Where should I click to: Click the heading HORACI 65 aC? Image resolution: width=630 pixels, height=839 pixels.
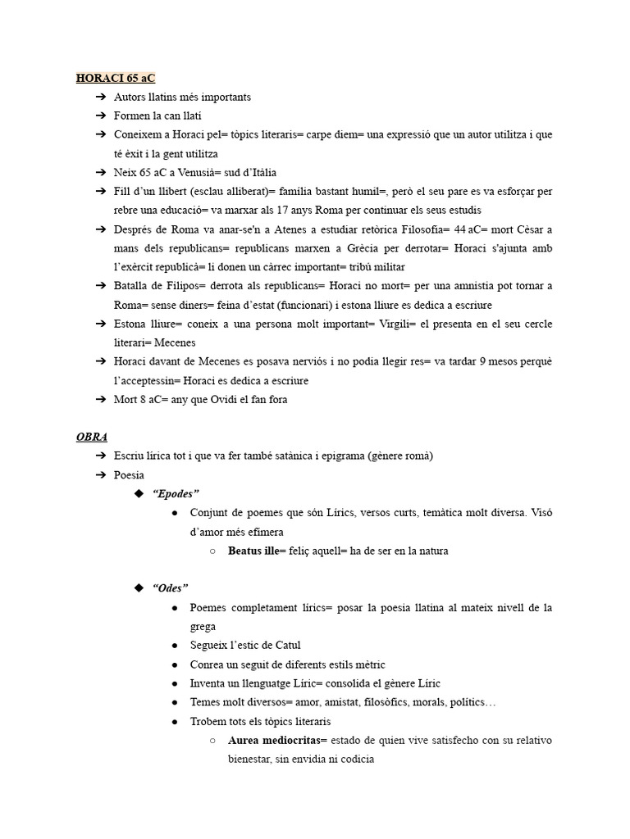click(115, 79)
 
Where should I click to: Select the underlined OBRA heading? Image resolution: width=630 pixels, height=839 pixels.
click(92, 437)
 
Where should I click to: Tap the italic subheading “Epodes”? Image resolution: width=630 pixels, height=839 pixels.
click(176, 493)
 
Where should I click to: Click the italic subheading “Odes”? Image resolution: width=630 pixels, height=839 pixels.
click(170, 587)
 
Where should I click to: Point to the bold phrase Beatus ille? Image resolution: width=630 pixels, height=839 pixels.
click(253, 551)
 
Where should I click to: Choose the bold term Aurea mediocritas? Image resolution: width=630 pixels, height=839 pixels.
click(276, 741)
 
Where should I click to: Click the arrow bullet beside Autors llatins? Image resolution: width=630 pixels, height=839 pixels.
click(100, 98)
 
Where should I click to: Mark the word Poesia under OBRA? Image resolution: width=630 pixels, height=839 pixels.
click(129, 474)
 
